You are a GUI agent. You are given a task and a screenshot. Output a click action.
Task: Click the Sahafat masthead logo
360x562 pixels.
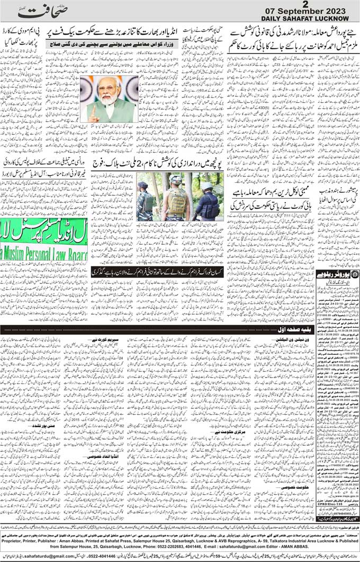42,11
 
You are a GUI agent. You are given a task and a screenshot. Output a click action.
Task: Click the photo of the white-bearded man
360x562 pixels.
109,99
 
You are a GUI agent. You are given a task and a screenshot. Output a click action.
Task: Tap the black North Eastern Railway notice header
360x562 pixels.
337,274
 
